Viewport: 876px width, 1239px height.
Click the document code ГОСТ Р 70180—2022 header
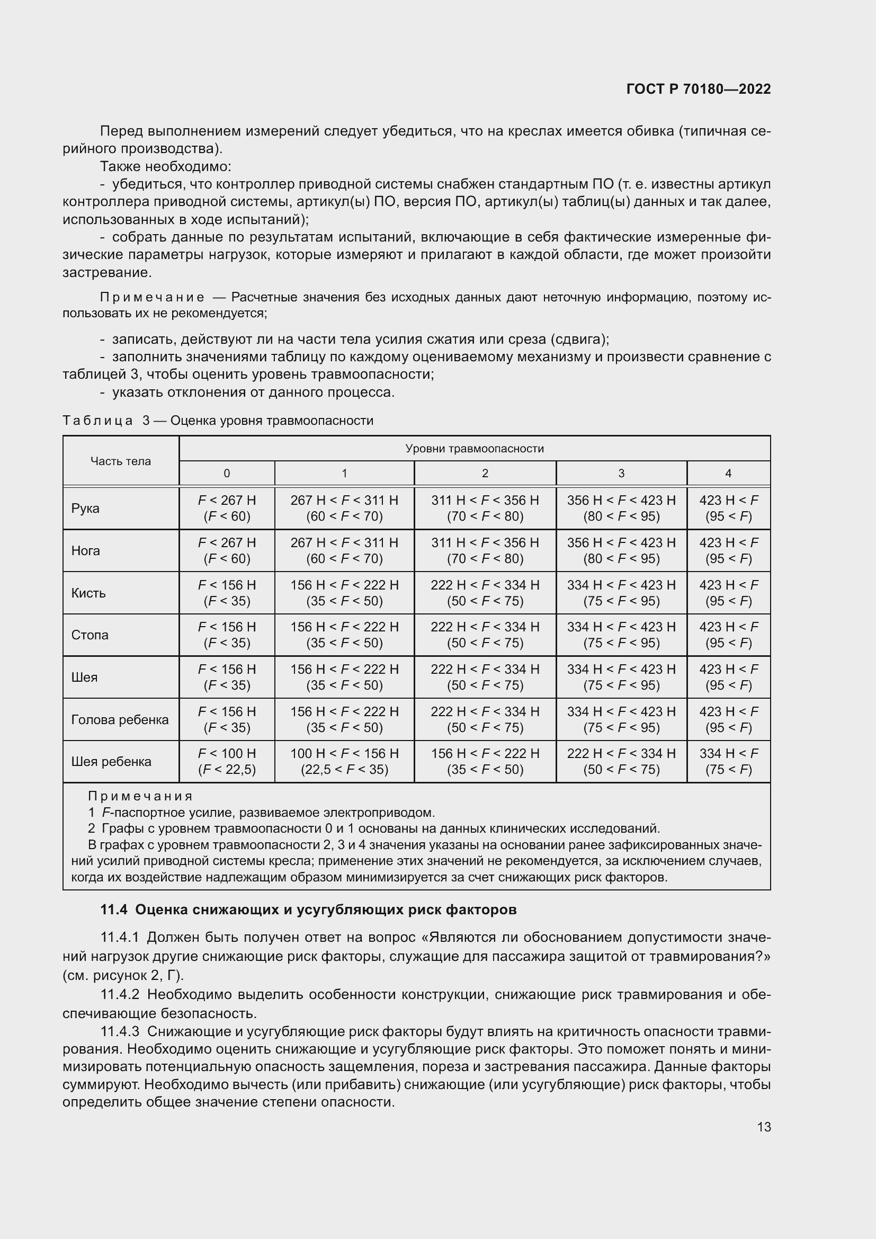pyautogui.click(x=698, y=89)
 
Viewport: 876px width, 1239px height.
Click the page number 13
pyautogui.click(x=763, y=1127)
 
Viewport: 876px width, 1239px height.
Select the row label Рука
pyautogui.click(x=85, y=509)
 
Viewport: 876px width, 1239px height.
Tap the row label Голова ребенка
pyautogui.click(x=120, y=719)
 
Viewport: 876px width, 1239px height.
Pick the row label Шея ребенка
pyautogui.click(x=111, y=761)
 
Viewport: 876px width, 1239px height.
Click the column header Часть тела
pyautogui.click(x=120, y=461)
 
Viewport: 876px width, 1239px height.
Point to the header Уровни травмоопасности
pyautogui.click(x=474, y=449)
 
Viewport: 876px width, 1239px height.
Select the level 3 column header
pyautogui.click(x=621, y=473)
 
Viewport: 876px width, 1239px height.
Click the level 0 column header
pyautogui.click(x=227, y=473)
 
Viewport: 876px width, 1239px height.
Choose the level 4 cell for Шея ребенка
pyautogui.click(x=728, y=761)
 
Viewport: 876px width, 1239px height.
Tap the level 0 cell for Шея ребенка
pyautogui.click(x=227, y=761)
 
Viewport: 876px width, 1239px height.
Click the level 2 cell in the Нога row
pyautogui.click(x=485, y=550)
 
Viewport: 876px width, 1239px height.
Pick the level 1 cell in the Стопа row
pyautogui.click(x=344, y=635)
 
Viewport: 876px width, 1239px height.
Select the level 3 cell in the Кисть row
pyautogui.click(x=621, y=593)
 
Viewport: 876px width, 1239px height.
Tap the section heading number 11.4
pyautogui.click(x=114, y=910)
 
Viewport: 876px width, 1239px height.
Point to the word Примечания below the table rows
pyautogui.click(x=140, y=796)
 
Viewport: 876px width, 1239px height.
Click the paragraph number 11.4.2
pyautogui.click(x=120, y=994)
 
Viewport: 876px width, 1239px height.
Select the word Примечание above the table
pyautogui.click(x=152, y=297)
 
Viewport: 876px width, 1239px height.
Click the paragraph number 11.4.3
pyautogui.click(x=120, y=1031)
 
